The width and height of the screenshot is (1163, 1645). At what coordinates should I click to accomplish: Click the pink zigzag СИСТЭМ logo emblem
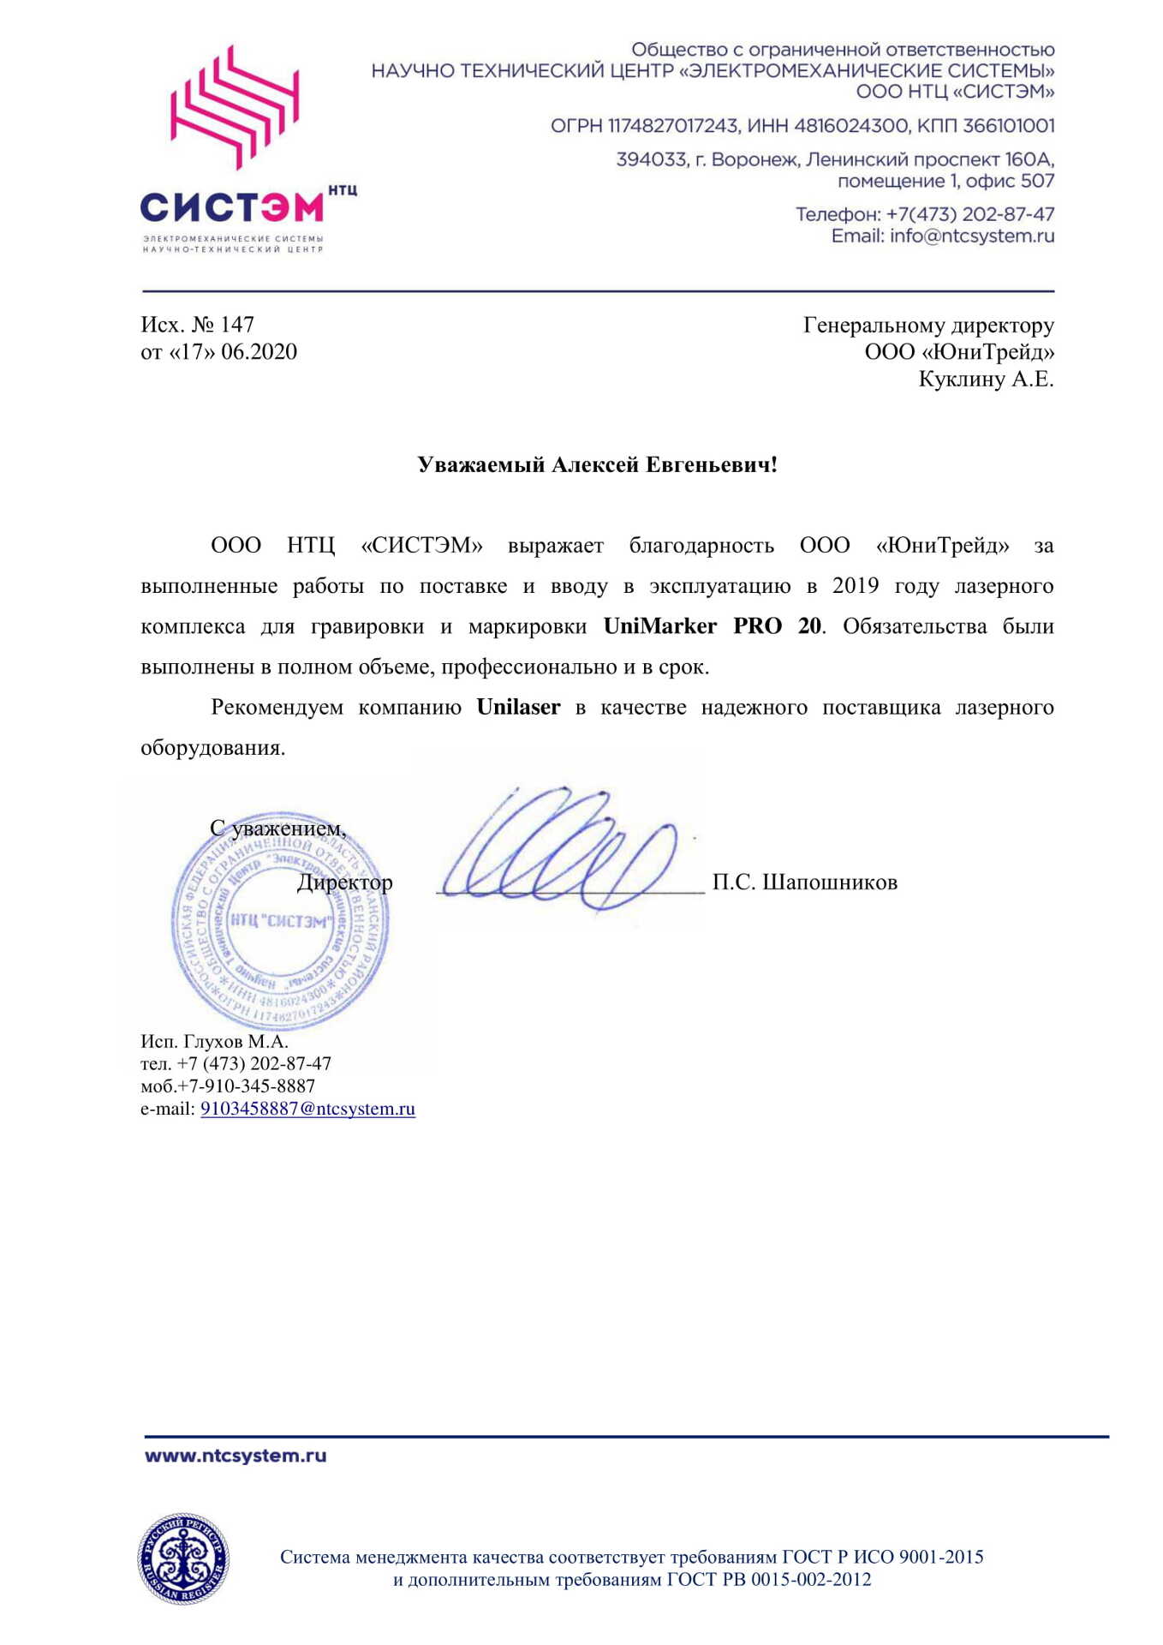click(x=234, y=106)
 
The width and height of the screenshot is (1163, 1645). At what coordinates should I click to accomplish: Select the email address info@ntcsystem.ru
click(x=972, y=236)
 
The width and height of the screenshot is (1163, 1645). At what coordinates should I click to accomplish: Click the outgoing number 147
click(x=237, y=325)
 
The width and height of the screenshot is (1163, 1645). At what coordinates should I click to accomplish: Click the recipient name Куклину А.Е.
click(x=986, y=379)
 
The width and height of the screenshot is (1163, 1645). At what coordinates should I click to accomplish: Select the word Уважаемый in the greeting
click(x=480, y=464)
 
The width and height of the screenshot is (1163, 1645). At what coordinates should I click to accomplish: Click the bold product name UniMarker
click(x=659, y=626)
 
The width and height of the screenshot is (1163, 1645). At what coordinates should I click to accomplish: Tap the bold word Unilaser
click(x=518, y=707)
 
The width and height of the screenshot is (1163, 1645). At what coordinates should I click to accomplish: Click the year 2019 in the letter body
click(x=856, y=586)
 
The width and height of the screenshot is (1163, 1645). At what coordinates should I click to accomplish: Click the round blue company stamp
click(x=280, y=921)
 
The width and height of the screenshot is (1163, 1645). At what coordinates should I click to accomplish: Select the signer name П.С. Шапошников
click(x=804, y=882)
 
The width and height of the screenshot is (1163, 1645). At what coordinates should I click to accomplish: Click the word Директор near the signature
click(x=344, y=882)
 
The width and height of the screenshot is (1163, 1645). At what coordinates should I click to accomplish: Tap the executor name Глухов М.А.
click(x=236, y=1042)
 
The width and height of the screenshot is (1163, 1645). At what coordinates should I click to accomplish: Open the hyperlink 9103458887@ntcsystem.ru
click(x=307, y=1109)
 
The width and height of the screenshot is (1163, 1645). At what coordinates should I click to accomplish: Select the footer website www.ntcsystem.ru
click(x=236, y=1456)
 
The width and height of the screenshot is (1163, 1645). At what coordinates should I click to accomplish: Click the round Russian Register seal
click(x=183, y=1558)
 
